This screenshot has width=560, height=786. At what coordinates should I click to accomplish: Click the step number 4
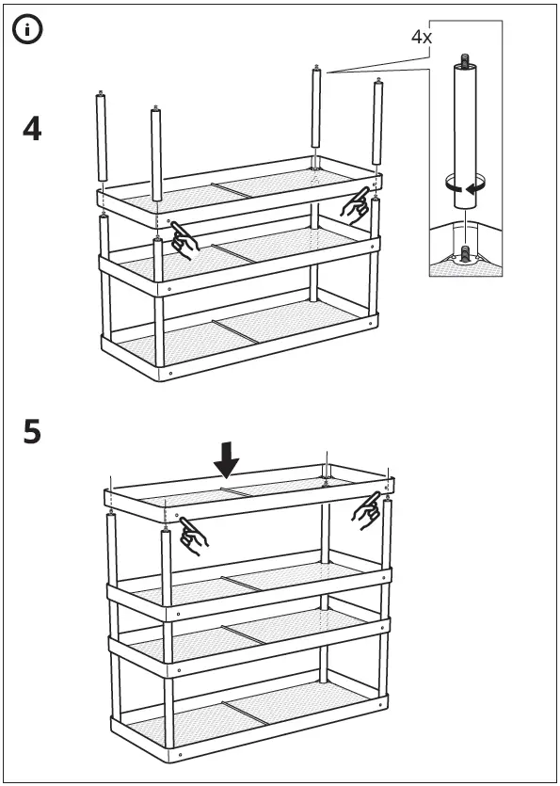(x=32, y=129)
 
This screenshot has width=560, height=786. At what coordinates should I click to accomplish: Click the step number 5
(x=32, y=434)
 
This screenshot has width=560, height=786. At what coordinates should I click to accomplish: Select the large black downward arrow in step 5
(x=226, y=459)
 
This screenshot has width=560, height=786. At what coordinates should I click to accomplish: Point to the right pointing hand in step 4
(x=356, y=204)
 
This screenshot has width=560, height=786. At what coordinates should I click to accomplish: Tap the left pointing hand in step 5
(x=193, y=533)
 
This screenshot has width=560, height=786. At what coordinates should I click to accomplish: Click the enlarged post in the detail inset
(x=462, y=122)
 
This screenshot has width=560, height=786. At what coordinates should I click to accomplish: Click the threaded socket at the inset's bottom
(x=463, y=254)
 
